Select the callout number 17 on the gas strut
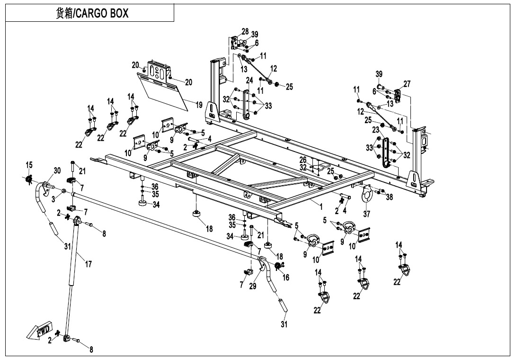point(88,264)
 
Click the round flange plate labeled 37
point(366,196)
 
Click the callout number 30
point(57,171)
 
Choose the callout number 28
point(245,31)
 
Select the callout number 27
point(407,83)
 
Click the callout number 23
point(376,129)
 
